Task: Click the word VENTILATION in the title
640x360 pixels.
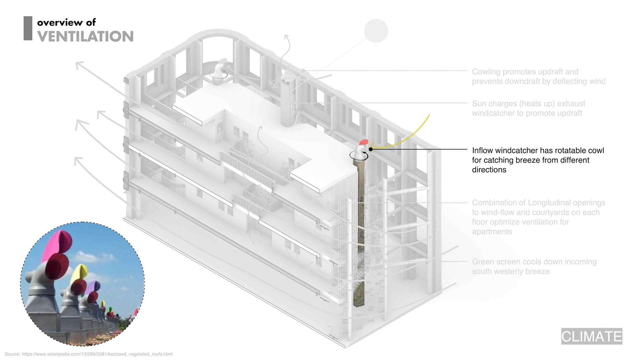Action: click(85, 36)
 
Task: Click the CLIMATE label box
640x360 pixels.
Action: click(591, 336)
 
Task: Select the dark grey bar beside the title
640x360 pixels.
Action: click(28, 28)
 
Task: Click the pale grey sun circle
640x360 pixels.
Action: click(376, 31)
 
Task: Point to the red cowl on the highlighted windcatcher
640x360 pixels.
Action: click(364, 142)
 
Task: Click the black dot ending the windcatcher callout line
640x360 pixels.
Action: click(371, 149)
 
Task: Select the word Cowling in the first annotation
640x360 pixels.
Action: click(486, 72)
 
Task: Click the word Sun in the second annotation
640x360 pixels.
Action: click(479, 104)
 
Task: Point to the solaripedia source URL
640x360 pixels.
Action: click(97, 354)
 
